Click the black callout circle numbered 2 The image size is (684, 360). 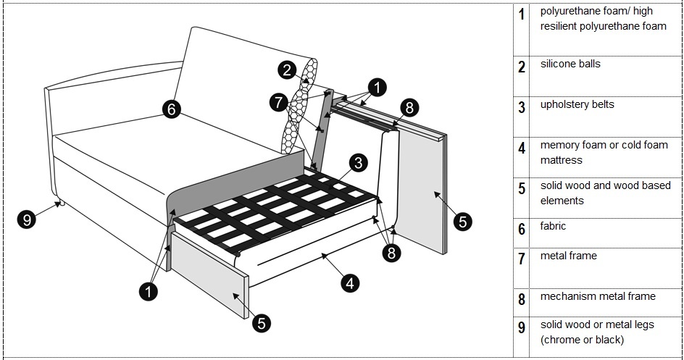[287, 70]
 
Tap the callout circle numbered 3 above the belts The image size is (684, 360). [358, 163]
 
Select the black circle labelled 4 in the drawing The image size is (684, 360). [350, 283]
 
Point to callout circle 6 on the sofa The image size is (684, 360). [172, 109]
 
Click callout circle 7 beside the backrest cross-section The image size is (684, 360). [279, 103]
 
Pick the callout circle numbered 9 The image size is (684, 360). [27, 219]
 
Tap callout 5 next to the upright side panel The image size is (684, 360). [462, 222]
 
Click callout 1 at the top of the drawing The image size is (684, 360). [377, 87]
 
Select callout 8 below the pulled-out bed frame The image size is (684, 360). [391, 252]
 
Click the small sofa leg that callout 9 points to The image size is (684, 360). [59, 203]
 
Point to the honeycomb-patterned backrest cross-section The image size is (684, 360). [300, 106]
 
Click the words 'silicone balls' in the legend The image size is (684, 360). [570, 64]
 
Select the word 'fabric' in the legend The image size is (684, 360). [553, 226]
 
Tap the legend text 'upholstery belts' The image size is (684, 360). [577, 104]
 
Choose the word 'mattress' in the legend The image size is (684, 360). [561, 160]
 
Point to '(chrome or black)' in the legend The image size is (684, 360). [582, 340]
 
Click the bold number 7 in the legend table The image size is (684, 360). [522, 259]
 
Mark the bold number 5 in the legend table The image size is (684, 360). [522, 189]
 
